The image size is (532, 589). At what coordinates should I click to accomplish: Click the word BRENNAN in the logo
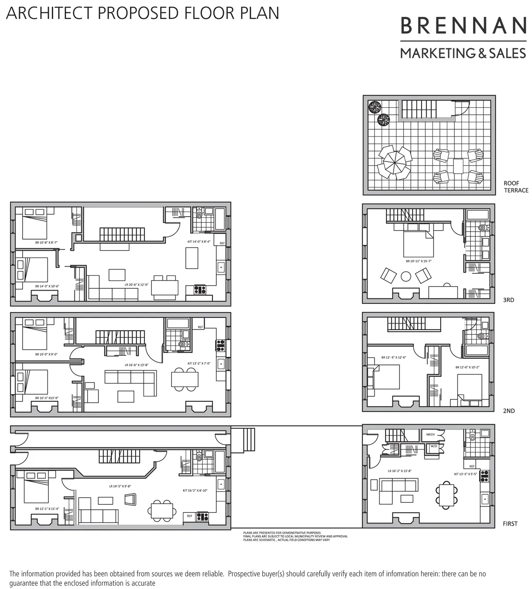coord(463,26)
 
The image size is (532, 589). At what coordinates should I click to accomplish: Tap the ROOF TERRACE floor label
coord(516,187)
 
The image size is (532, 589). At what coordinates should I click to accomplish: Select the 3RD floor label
coord(509,300)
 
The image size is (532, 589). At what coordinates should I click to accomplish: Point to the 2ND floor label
coord(509,411)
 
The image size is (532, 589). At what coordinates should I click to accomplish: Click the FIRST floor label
coord(510,524)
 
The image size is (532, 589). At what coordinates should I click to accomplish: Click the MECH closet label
coord(430,434)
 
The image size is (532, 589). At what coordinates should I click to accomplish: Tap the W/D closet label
coord(433,446)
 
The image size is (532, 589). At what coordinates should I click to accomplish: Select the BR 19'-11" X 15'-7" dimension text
coord(419,261)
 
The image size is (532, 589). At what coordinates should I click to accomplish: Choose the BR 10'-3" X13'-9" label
coord(47,398)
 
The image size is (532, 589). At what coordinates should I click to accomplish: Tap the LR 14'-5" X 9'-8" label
coord(120,486)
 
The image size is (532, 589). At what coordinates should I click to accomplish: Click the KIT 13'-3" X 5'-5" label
coord(465,473)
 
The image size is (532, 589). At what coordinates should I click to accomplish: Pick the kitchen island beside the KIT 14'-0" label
coord(192,258)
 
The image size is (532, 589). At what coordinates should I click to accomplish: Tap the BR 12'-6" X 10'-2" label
coord(467,367)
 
